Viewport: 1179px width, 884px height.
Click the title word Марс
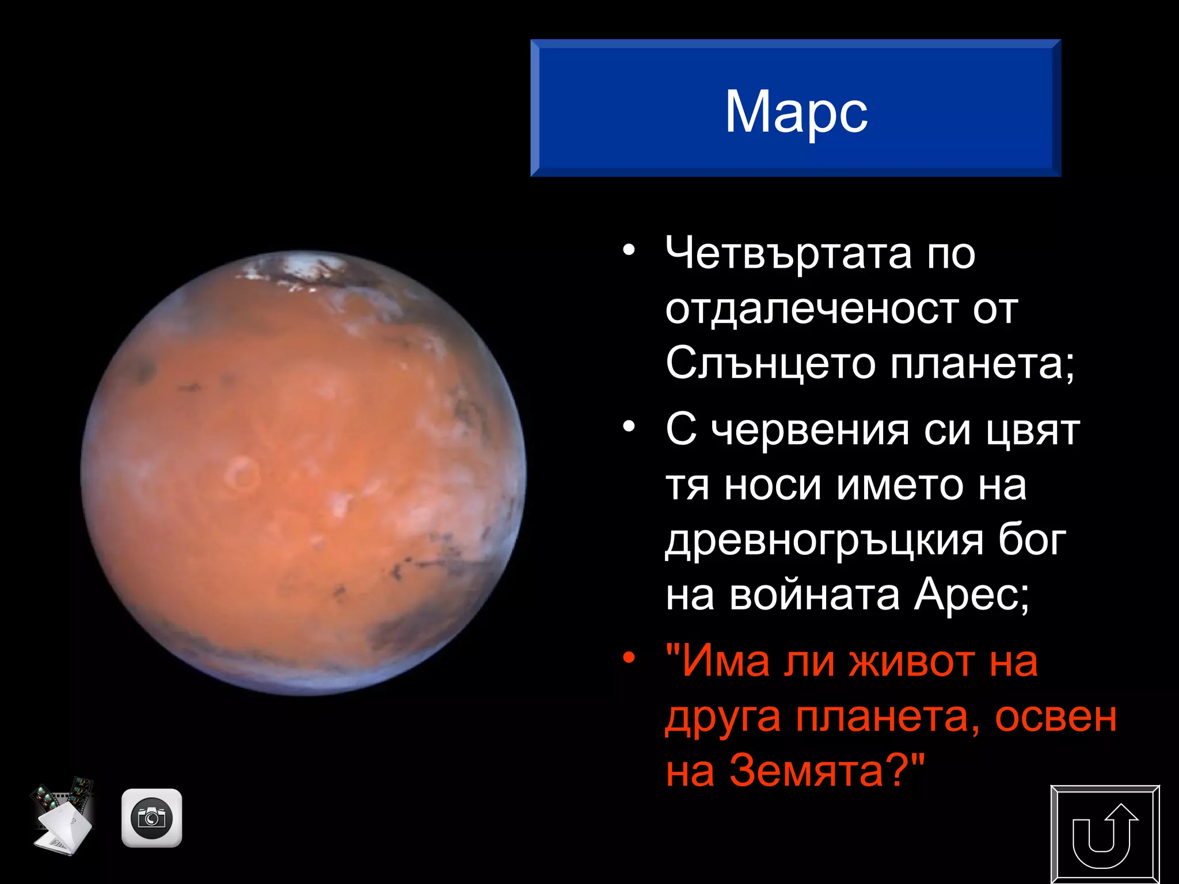click(x=796, y=112)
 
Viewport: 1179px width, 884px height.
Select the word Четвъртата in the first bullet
click(x=788, y=253)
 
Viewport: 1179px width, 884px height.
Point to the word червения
click(x=810, y=430)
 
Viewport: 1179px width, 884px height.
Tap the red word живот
click(x=913, y=662)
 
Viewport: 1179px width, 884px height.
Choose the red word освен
click(x=1055, y=717)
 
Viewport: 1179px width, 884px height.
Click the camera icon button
click(x=151, y=818)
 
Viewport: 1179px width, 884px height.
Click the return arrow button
click(x=1105, y=834)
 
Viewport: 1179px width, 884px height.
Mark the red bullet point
click(x=629, y=657)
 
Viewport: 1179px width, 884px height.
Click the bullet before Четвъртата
click(x=629, y=250)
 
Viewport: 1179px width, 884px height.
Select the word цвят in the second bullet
click(x=1032, y=430)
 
